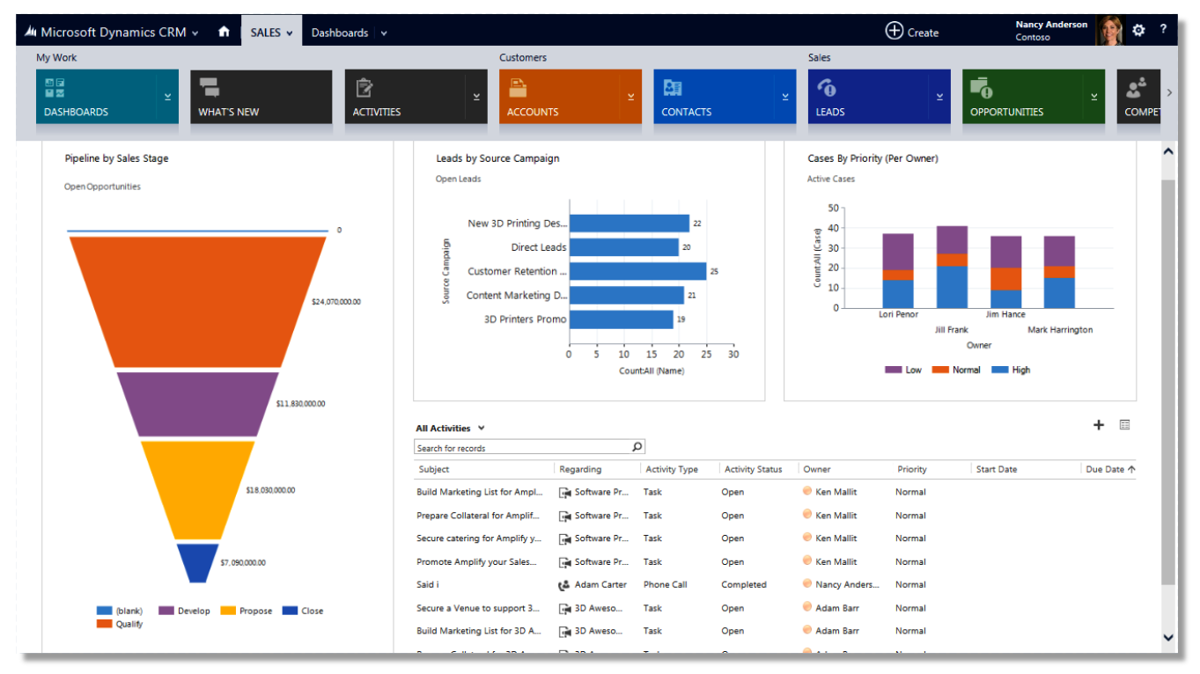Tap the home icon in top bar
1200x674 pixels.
pyautogui.click(x=224, y=32)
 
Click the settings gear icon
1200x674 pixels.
pyautogui.click(x=1138, y=30)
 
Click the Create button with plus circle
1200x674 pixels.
pyautogui.click(x=911, y=32)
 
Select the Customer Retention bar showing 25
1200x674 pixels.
pyautogui.click(x=637, y=271)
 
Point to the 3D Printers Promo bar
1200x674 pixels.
pyautogui.click(x=621, y=319)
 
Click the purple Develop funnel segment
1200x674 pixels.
pyautogui.click(x=197, y=404)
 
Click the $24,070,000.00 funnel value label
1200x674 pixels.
pyautogui.click(x=335, y=302)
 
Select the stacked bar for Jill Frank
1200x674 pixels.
pyautogui.click(x=952, y=267)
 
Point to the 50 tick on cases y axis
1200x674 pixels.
pyautogui.click(x=833, y=209)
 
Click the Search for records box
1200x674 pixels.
pyautogui.click(x=523, y=448)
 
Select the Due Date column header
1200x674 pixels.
pyautogui.click(x=1105, y=469)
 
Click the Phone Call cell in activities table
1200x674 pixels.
pyautogui.click(x=665, y=584)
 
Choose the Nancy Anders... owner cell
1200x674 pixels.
pyautogui.click(x=846, y=584)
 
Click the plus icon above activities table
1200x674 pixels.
pyautogui.click(x=1098, y=425)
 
